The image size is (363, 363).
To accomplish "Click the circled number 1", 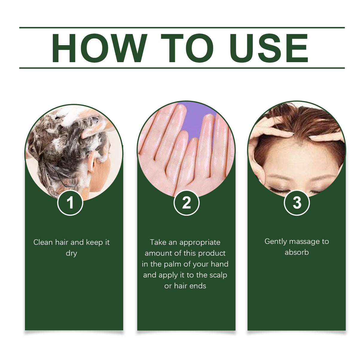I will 70,203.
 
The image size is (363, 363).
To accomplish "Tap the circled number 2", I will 186,203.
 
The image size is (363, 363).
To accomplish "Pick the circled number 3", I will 297,203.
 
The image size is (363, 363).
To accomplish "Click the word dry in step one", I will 71,253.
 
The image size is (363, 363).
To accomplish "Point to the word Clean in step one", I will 43,242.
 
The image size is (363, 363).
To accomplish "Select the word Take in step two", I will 157,242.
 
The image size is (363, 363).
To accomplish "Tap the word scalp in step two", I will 218,275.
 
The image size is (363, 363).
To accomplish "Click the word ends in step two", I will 198,286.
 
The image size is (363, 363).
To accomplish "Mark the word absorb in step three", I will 297,252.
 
